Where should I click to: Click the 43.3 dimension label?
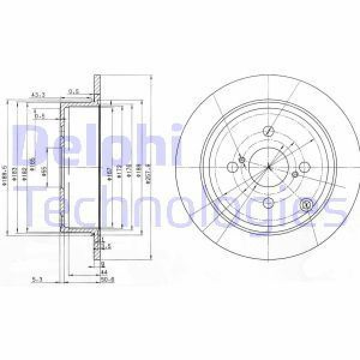[38, 94]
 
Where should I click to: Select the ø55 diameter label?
[44, 174]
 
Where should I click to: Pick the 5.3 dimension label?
[37, 278]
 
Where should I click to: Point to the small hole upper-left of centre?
[242, 159]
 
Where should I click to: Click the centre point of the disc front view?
[268, 169]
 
